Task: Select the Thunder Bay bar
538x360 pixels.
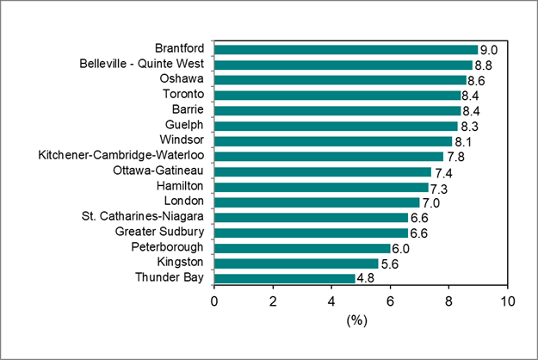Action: click(284, 278)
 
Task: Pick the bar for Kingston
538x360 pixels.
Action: click(296, 263)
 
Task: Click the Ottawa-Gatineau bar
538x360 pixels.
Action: click(323, 171)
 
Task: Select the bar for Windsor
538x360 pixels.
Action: click(333, 140)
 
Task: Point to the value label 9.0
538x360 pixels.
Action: click(489, 49)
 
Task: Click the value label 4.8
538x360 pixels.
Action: click(366, 278)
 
